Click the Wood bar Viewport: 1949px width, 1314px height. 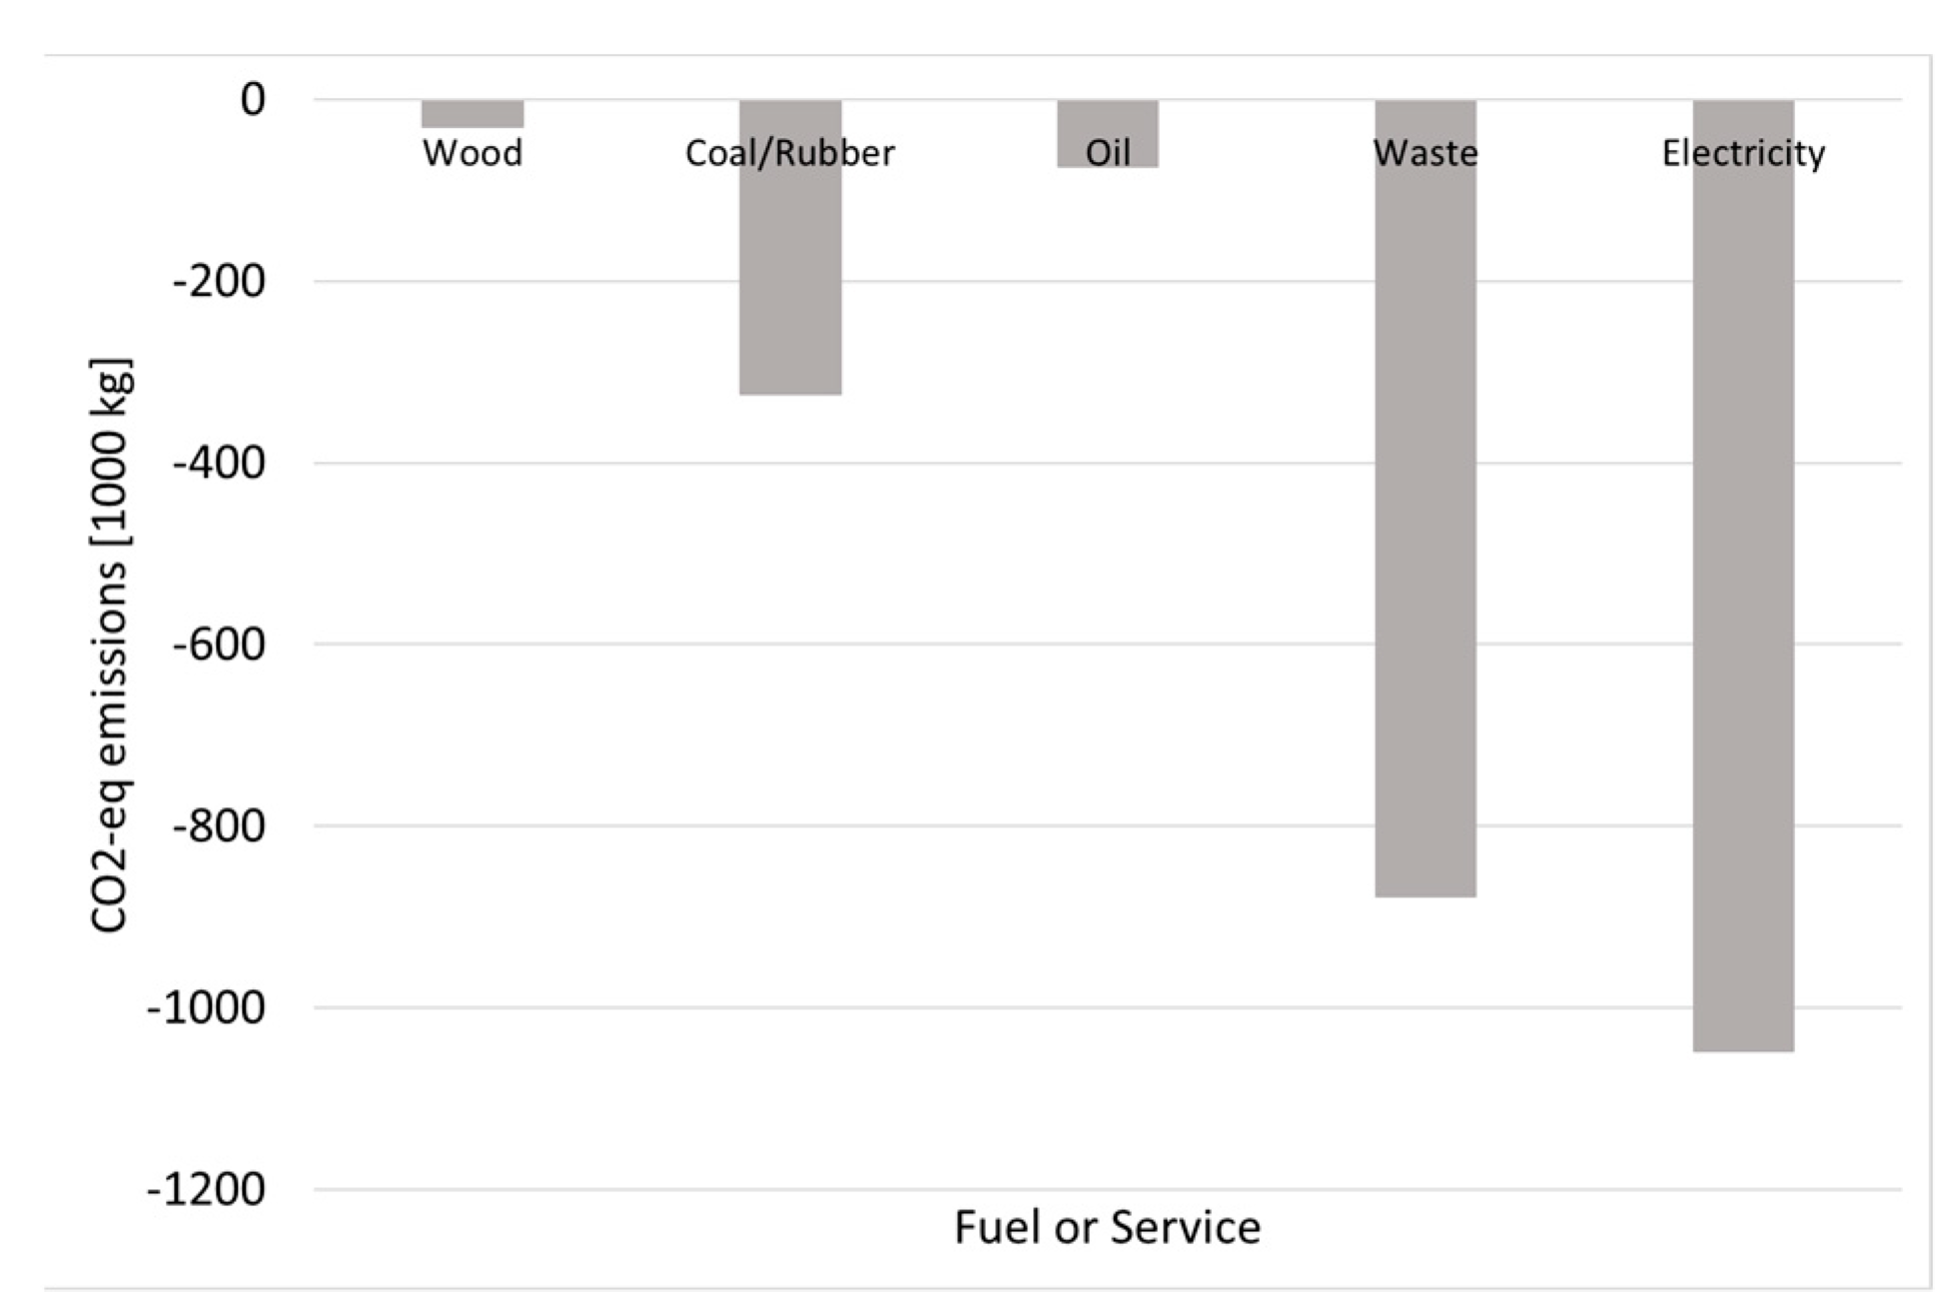click(x=473, y=114)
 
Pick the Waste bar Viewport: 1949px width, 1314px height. click(x=1426, y=520)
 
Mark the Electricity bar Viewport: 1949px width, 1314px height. click(x=1743, y=600)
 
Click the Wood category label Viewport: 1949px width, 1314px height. click(x=473, y=153)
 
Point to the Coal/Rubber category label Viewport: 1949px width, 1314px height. click(x=790, y=153)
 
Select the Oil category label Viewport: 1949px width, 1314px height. click(x=1108, y=153)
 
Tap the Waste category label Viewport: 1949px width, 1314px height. click(x=1426, y=153)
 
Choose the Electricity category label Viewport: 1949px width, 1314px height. click(x=1743, y=153)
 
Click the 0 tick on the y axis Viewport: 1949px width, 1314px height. click(x=253, y=100)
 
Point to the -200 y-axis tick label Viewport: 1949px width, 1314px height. click(x=219, y=282)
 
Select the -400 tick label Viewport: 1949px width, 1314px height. click(x=219, y=464)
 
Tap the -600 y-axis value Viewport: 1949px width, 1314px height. click(x=219, y=645)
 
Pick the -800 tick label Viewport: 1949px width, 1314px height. click(x=219, y=826)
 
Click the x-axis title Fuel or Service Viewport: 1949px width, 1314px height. click(x=1107, y=1228)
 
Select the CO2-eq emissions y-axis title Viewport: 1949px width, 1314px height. click(x=109, y=645)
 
